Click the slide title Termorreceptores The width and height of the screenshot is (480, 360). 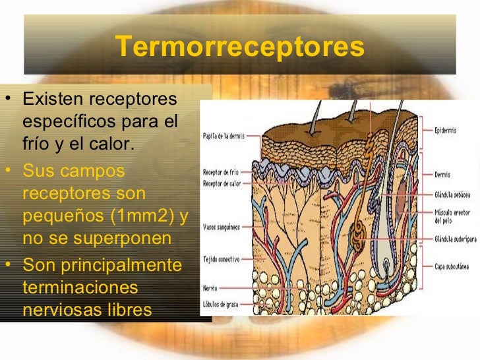(x=240, y=47)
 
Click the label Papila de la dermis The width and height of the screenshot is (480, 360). (x=223, y=136)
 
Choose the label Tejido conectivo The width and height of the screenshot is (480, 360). (x=221, y=259)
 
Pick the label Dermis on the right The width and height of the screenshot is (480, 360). (x=442, y=175)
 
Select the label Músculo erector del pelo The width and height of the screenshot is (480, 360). (x=453, y=216)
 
